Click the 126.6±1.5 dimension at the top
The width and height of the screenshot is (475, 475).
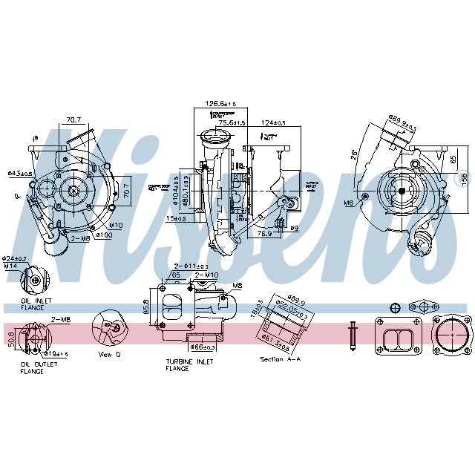pyautogui.click(x=220, y=103)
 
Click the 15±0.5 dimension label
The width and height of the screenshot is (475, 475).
pyautogui.click(x=177, y=218)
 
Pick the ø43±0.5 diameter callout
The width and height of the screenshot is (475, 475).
pyautogui.click(x=19, y=174)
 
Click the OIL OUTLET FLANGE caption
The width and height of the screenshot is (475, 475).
pyautogui.click(x=32, y=368)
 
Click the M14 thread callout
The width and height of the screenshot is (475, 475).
pyautogui.click(x=10, y=266)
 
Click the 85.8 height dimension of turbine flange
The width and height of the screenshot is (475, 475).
pyautogui.click(x=145, y=304)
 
